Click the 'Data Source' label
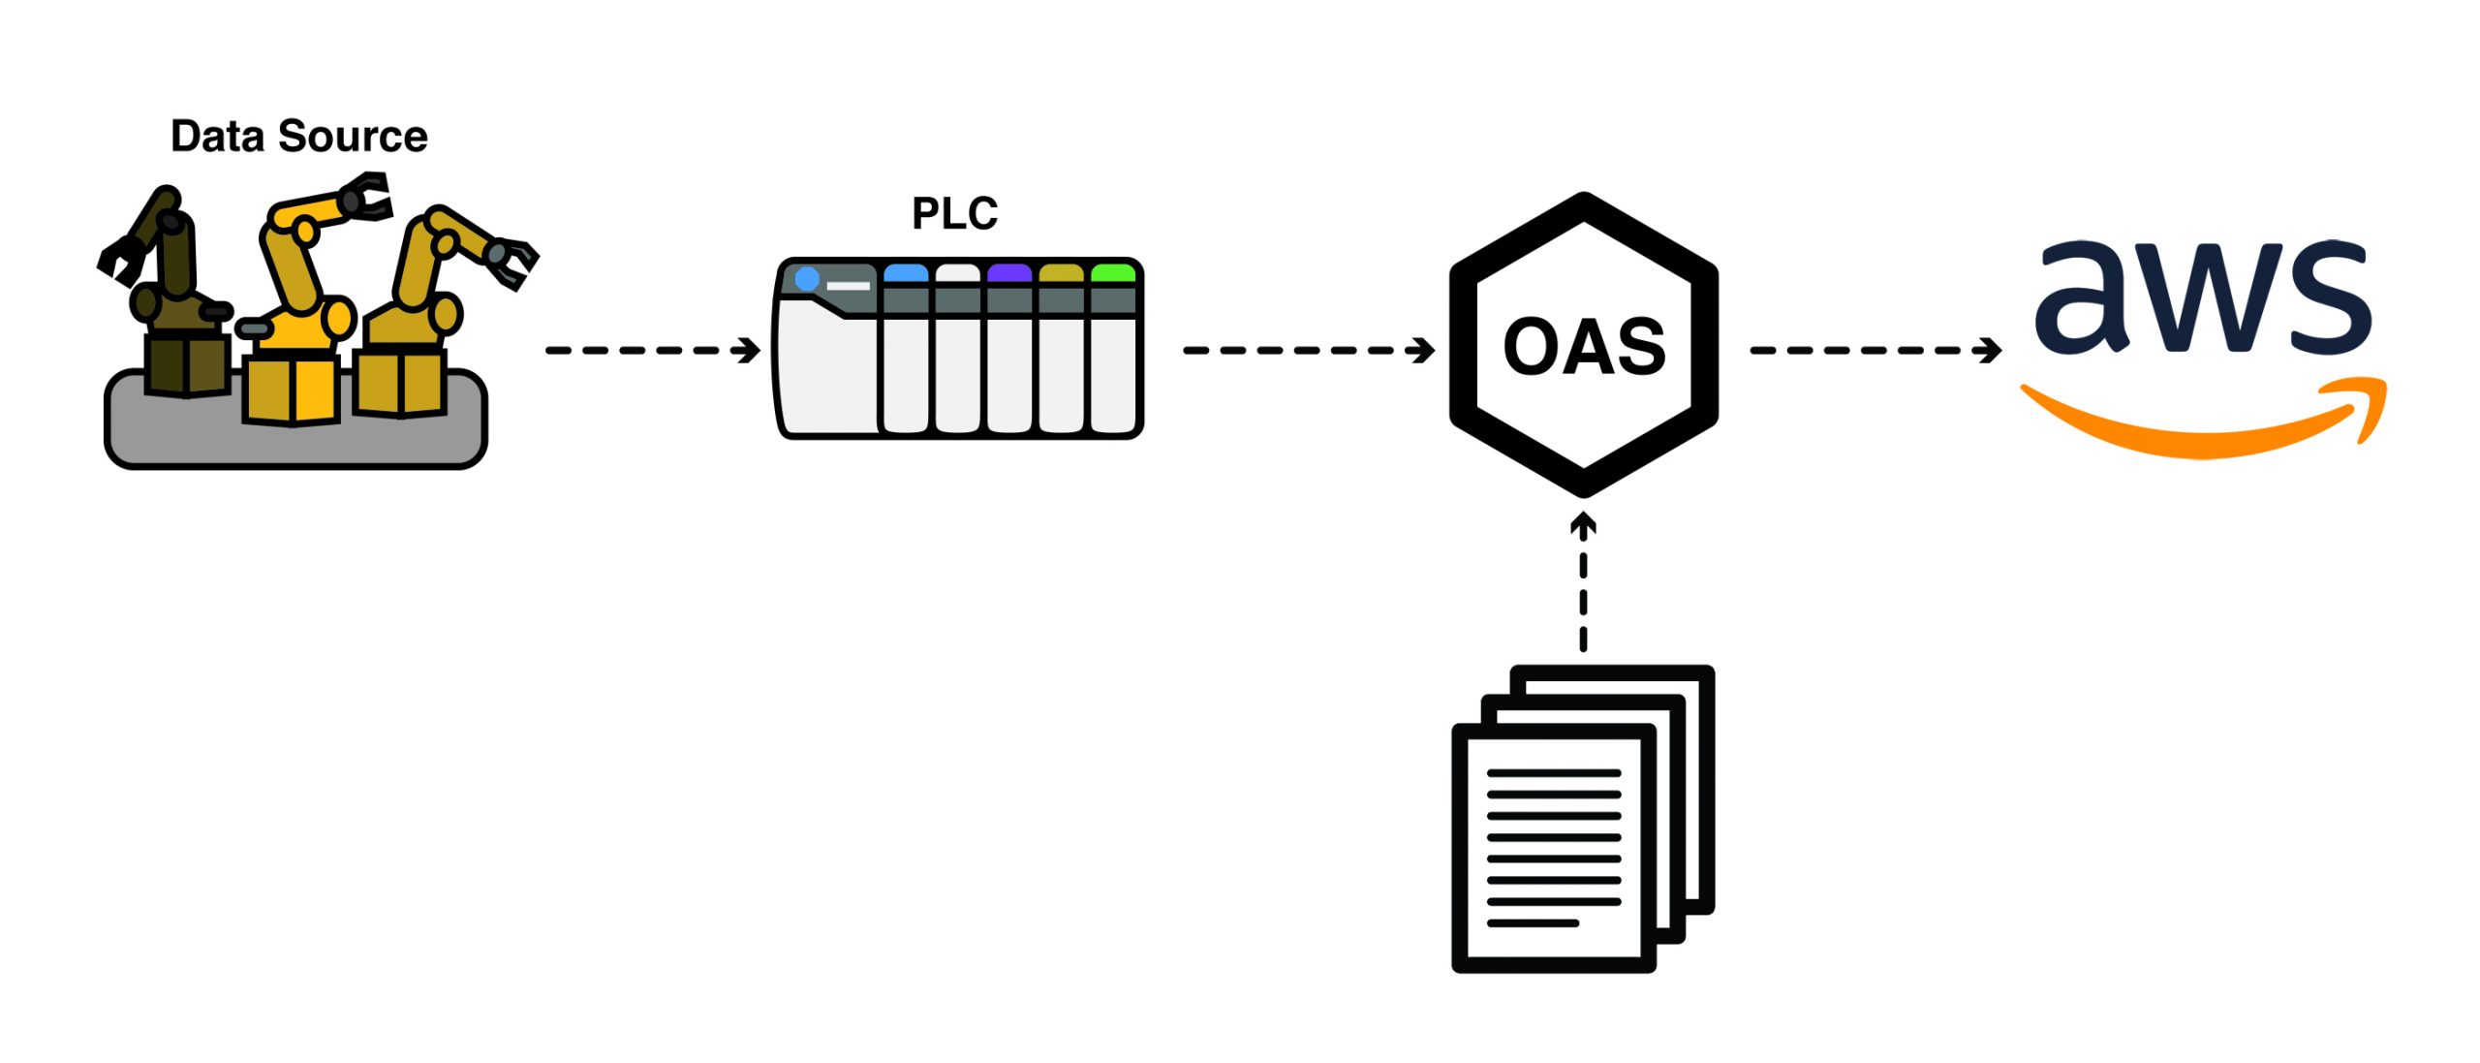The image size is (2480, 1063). (x=298, y=137)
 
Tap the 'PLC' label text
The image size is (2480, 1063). (x=954, y=213)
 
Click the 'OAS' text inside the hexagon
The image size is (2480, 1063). (x=1584, y=347)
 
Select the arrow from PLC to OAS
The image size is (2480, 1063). (x=1308, y=350)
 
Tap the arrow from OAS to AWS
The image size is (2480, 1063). (x=1875, y=350)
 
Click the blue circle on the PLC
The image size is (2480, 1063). (x=807, y=280)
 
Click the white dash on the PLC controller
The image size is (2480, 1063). (x=848, y=286)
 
